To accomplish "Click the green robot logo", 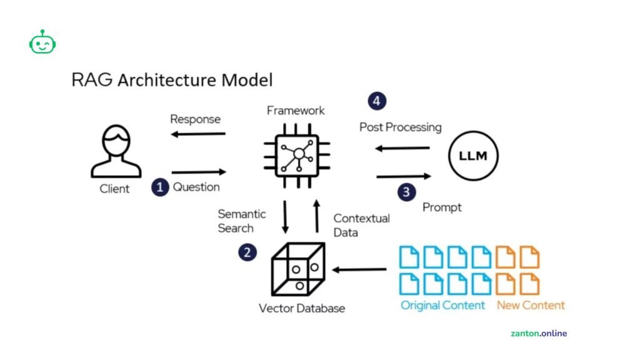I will tap(42, 42).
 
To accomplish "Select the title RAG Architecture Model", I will tap(172, 81).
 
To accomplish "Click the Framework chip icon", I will tap(299, 153).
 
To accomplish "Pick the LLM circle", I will tap(473, 155).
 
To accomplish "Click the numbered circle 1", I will tap(161, 187).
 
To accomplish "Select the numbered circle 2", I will tap(247, 252).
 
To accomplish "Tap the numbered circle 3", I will tap(406, 191).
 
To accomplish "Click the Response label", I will tap(196, 119).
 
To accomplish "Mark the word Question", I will tap(196, 187).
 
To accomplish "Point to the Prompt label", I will tap(442, 207).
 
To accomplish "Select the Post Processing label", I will tap(400, 127).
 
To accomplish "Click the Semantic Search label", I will tap(241, 221).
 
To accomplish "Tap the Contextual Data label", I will tap(361, 225).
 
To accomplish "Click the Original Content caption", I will tap(442, 306).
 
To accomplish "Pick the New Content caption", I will tap(531, 306).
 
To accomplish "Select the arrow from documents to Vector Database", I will tap(359, 270).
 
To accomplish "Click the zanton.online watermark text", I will tap(538, 333).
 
